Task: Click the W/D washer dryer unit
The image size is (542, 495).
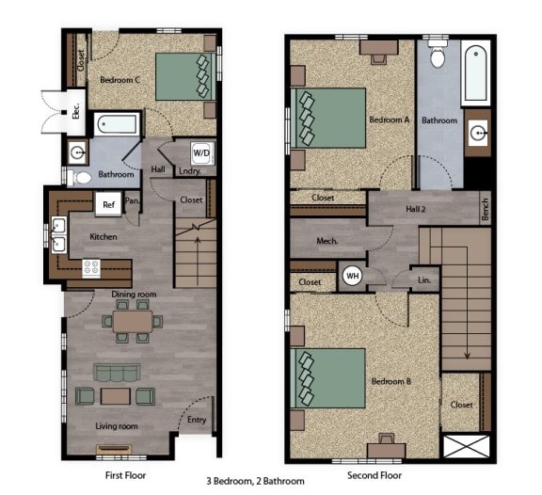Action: point(201,152)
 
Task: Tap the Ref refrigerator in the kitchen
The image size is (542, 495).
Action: point(109,202)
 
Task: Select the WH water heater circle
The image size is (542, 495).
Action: point(353,276)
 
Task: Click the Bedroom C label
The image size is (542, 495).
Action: point(120,81)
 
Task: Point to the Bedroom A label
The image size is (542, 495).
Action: point(389,120)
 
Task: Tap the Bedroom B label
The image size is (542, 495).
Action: point(390,381)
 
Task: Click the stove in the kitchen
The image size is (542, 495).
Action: point(92,267)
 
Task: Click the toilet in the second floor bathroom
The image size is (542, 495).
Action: point(437,56)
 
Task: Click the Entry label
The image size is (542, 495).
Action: point(197,421)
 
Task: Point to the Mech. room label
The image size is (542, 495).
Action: point(327,242)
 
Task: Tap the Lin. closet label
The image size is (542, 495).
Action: point(423,279)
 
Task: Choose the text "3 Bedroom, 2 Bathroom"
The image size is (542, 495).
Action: point(256,481)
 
